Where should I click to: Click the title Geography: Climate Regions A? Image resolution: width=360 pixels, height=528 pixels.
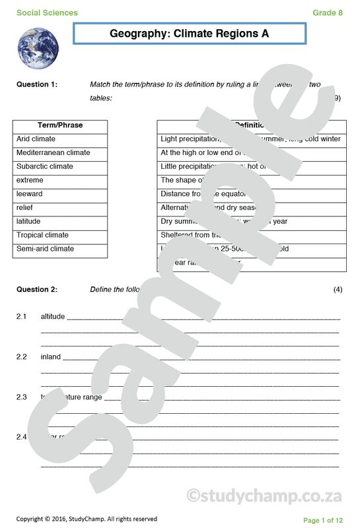[x=190, y=34]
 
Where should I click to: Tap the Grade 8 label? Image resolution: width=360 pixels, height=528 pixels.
[x=328, y=13]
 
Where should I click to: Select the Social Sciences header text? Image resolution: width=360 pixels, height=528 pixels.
[x=47, y=13]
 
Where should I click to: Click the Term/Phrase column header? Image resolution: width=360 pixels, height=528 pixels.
[x=60, y=125]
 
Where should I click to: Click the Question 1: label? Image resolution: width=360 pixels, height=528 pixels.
[x=37, y=84]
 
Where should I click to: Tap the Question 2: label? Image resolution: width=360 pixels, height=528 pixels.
[x=37, y=290]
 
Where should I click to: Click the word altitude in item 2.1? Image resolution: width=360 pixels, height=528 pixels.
[x=53, y=317]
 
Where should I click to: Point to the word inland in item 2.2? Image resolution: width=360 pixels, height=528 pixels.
[x=51, y=357]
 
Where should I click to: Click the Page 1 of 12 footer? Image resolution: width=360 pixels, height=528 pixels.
[x=323, y=520]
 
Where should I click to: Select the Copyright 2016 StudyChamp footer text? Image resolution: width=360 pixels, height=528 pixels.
[x=87, y=519]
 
